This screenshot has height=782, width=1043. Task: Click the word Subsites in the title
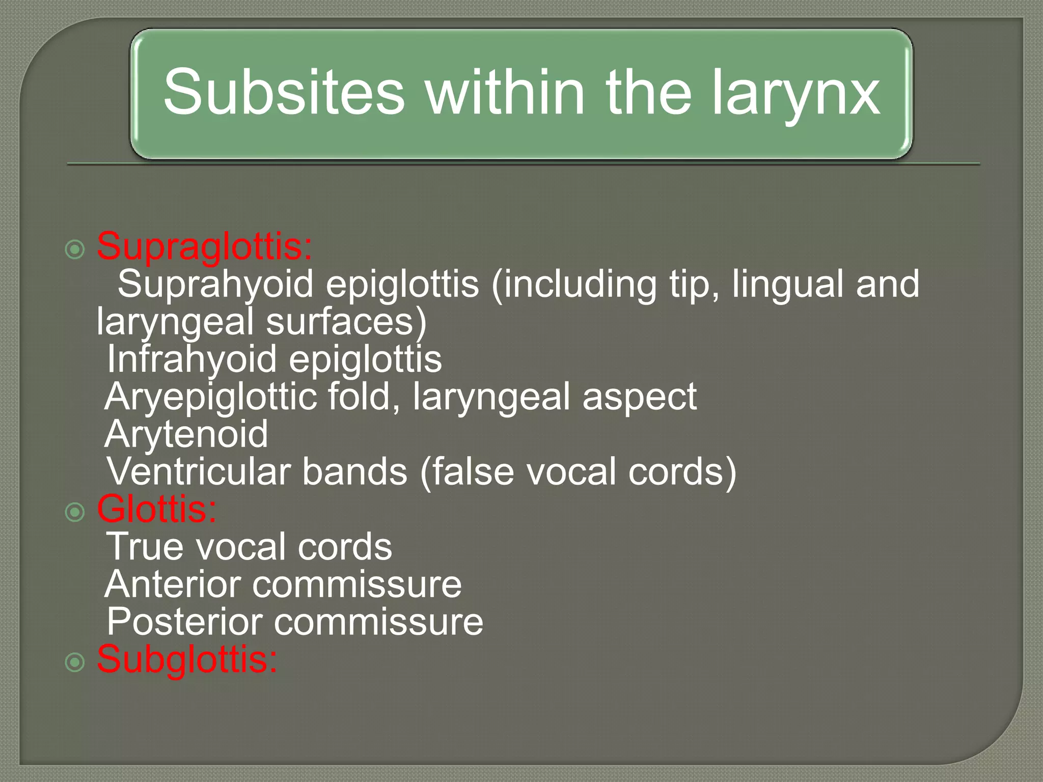[x=284, y=93]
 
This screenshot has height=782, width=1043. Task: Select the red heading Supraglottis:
[x=204, y=247]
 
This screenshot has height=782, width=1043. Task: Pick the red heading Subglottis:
[x=187, y=659]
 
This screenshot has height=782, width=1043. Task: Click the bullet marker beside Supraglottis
[x=75, y=249]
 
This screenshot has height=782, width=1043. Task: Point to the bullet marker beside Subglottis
[x=75, y=662]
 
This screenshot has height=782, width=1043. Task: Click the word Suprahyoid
[x=215, y=285]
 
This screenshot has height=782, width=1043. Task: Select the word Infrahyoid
[x=191, y=359]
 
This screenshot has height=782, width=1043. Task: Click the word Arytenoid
[x=186, y=435]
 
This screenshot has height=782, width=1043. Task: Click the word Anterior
[x=172, y=584]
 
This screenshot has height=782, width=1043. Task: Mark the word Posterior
[x=184, y=622]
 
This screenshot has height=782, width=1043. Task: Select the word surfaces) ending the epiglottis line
[x=346, y=322]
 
